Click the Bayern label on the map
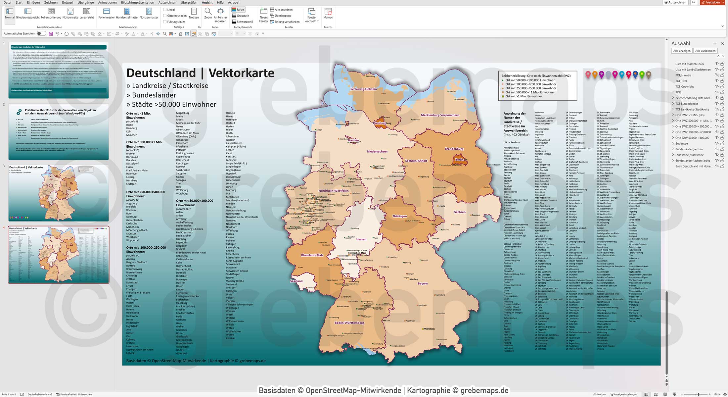423,283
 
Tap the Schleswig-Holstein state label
363,89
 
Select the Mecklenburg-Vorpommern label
439,115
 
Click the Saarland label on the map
296,281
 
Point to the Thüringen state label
399,216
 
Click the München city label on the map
429,329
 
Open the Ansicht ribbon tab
207,2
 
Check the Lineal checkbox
165,10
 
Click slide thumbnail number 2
59,131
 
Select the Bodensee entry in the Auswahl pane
681,143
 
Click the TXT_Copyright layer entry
684,86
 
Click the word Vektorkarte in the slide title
241,73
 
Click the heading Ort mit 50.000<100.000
195,201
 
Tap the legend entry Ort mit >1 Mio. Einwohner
523,96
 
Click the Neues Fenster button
264,15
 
